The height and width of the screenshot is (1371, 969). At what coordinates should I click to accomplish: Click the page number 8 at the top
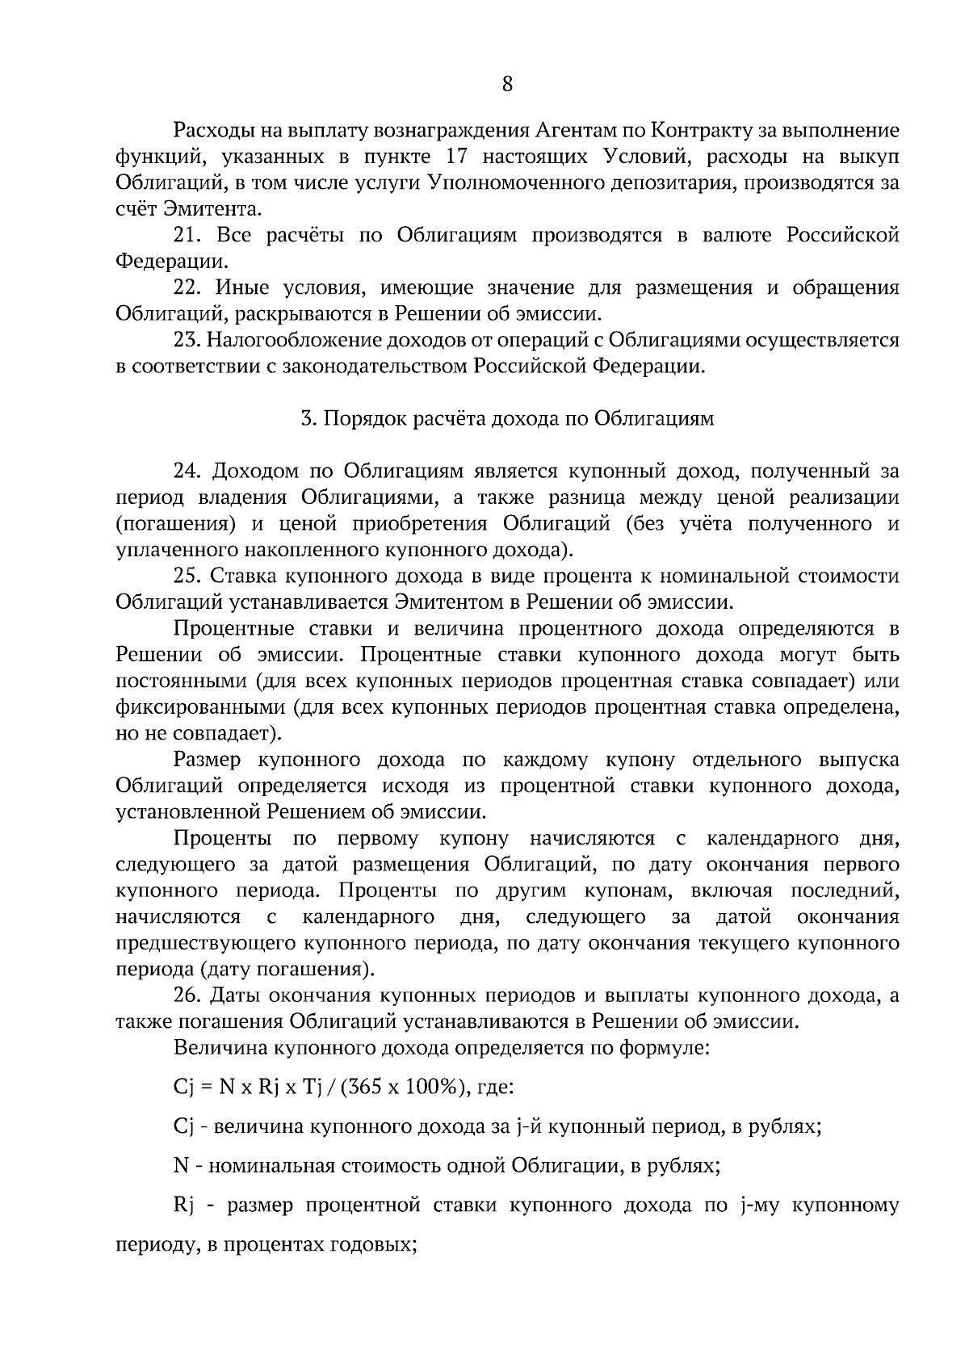[507, 84]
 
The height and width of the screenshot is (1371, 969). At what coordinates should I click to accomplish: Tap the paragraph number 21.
[187, 236]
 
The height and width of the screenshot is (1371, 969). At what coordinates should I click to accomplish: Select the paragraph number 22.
[187, 288]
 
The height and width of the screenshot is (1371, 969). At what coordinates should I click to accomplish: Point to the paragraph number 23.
[187, 341]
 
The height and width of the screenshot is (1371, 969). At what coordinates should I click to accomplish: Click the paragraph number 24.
[187, 472]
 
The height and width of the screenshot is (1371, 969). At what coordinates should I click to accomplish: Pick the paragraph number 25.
[187, 576]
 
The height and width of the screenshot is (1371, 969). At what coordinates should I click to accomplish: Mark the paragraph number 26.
[187, 996]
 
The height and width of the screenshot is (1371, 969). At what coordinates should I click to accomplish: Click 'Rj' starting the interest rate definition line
[182, 1206]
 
